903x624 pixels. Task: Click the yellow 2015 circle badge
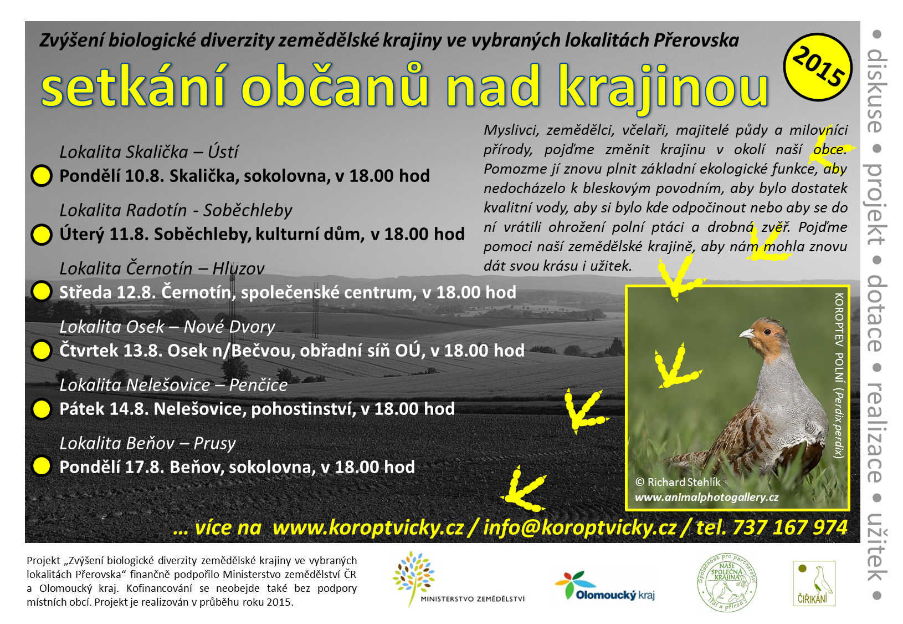point(818,67)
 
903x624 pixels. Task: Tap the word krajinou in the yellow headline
point(664,88)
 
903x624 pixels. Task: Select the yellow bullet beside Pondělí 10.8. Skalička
point(42,176)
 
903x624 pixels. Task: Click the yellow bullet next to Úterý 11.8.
point(42,235)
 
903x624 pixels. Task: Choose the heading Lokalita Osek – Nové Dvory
point(167,327)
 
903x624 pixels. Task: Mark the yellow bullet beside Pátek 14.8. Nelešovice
point(42,409)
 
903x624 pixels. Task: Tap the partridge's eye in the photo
point(767,332)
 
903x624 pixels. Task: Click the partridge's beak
point(747,333)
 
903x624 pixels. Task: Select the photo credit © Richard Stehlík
point(678,482)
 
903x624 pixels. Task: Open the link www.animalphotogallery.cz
point(707,498)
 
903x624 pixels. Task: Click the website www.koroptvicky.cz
point(368,528)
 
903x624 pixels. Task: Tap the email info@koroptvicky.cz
point(579,528)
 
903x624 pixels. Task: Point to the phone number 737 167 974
point(791,527)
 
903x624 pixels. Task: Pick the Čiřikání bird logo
point(814,584)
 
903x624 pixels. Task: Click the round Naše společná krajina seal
point(727,583)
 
